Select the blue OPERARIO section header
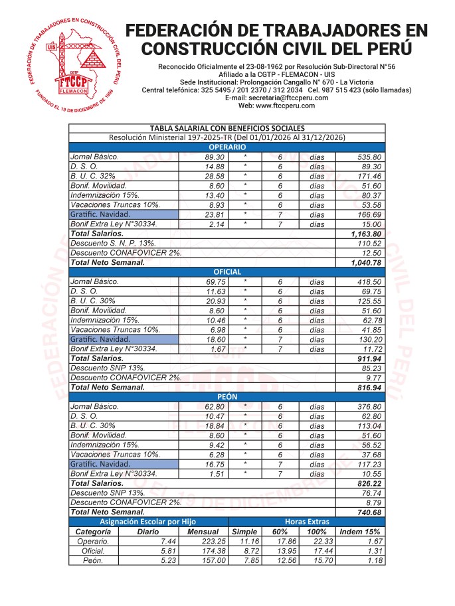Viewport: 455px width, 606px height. coord(227,147)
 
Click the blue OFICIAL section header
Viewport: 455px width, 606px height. coord(227,272)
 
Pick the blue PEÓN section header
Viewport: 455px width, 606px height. coord(227,396)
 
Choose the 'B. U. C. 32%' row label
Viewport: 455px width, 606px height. coord(93,176)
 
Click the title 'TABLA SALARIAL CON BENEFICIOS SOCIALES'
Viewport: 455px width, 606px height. coord(227,128)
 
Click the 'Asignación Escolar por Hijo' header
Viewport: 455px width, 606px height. coord(148,522)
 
